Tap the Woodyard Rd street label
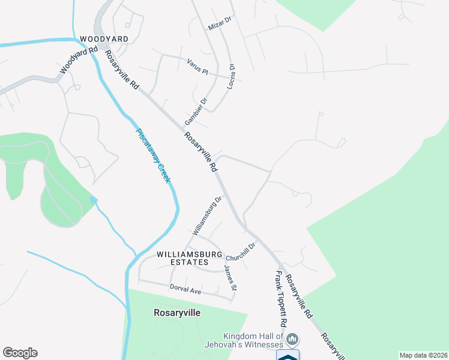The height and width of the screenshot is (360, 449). (79, 61)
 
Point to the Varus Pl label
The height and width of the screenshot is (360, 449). (197, 67)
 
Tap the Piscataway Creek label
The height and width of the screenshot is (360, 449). (153, 157)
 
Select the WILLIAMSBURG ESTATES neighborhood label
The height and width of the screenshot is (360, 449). (182, 258)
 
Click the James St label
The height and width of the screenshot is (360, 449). (231, 277)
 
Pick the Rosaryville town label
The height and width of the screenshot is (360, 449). (177, 313)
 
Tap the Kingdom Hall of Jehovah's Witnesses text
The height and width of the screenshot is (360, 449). (253, 340)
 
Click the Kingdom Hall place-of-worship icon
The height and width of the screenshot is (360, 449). (293, 340)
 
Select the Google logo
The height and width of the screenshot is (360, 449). (20, 353)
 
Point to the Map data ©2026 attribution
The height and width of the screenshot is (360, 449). (423, 355)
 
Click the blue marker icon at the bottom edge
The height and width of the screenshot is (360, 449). (288, 355)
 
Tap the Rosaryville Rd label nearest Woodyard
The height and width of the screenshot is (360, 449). (122, 70)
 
